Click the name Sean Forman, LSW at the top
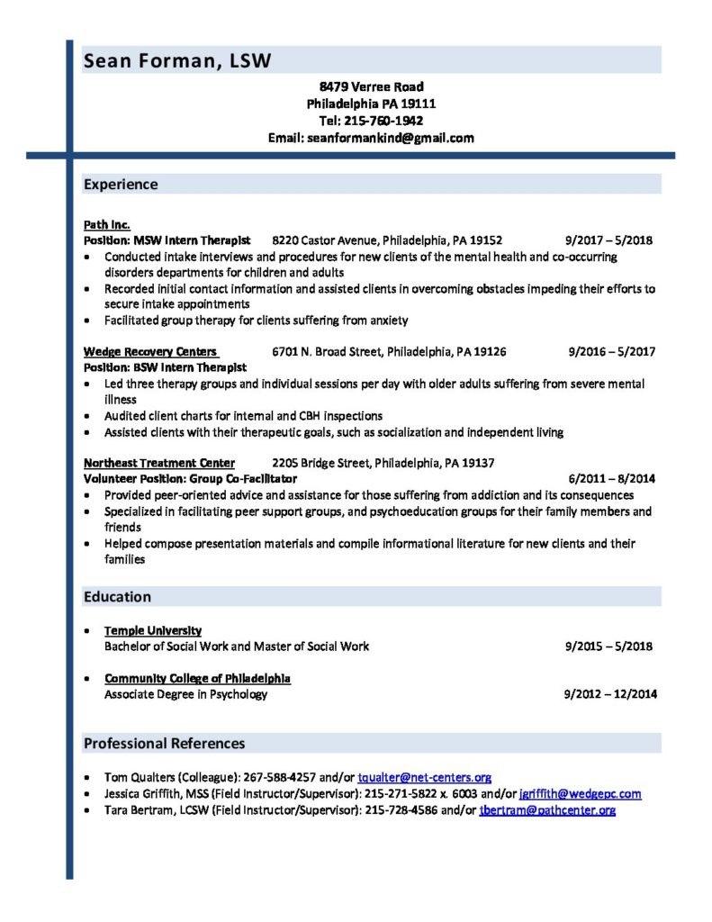click(176, 61)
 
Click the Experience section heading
click(121, 185)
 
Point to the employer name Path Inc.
click(107, 224)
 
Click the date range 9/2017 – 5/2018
click(608, 240)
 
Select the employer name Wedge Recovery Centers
click(150, 351)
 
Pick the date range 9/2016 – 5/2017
click(611, 351)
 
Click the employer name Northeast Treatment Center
click(159, 463)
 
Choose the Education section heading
click(117, 597)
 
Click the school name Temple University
click(153, 630)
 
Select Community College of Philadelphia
click(197, 678)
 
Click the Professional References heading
click(164, 744)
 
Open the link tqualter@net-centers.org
click(424, 776)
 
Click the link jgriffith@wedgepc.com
click(580, 793)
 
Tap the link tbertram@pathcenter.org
click(547, 810)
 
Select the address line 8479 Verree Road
click(371, 86)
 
